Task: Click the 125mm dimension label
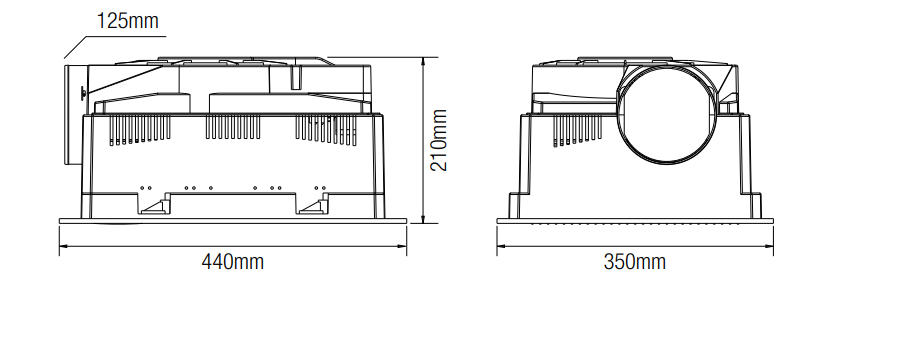(x=127, y=21)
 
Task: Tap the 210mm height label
(x=439, y=140)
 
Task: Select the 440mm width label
(x=233, y=262)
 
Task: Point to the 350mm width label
(x=635, y=262)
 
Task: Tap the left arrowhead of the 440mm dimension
(x=64, y=246)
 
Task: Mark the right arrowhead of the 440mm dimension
(x=402, y=246)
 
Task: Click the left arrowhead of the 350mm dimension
(x=501, y=246)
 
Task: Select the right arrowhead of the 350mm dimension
(x=769, y=246)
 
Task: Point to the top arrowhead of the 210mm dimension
(x=424, y=62)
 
